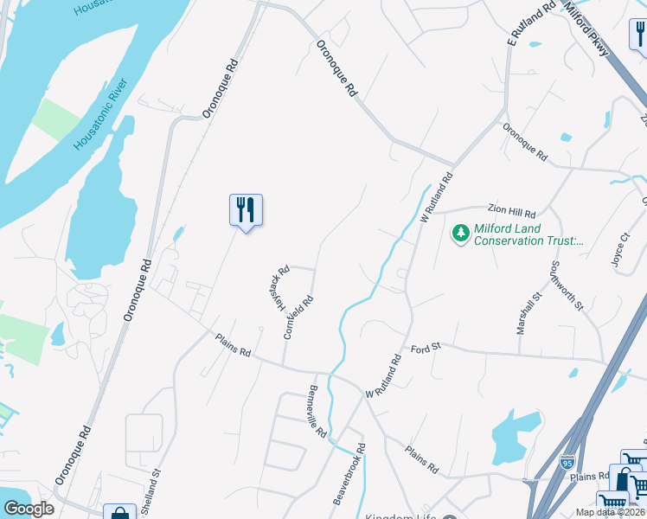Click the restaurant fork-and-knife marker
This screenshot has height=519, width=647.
click(246, 210)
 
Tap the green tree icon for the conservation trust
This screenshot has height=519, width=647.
click(460, 234)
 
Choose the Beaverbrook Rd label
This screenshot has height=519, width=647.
click(351, 475)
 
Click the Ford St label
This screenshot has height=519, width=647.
click(426, 347)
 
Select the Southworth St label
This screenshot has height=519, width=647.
click(568, 287)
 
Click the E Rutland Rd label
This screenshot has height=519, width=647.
click(531, 25)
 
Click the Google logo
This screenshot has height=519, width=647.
click(29, 509)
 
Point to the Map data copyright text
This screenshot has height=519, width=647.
click(611, 512)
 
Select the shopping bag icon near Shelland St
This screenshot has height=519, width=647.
click(119, 514)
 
